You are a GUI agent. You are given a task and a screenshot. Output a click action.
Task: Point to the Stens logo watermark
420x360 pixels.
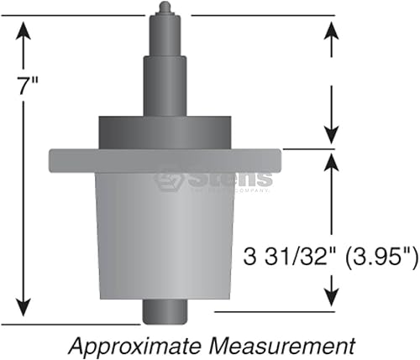coord(213,179)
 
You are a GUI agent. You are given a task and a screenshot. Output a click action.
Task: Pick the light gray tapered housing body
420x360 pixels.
coord(164,235)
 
